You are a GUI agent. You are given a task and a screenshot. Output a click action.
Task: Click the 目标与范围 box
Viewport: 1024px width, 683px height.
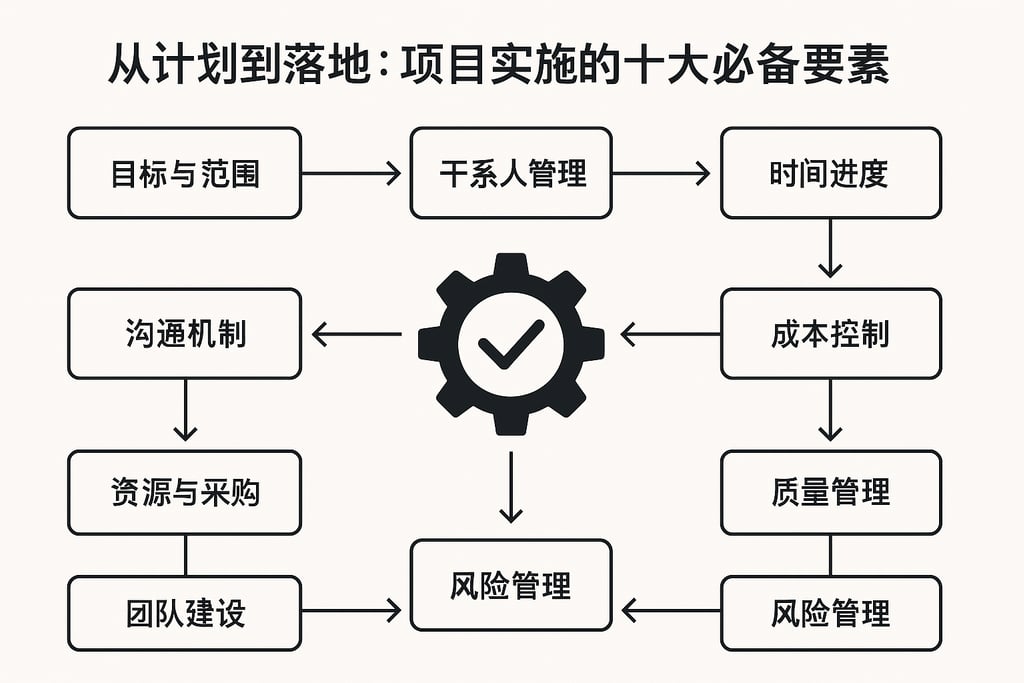coord(184,173)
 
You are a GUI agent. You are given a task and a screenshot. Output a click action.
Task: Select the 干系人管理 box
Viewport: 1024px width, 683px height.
coord(510,173)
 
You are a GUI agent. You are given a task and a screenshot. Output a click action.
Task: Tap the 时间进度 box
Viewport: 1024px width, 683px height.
coord(830,173)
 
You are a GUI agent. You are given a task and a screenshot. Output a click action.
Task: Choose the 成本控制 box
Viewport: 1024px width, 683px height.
coord(830,334)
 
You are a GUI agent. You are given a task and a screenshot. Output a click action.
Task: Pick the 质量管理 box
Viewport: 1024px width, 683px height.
coord(830,492)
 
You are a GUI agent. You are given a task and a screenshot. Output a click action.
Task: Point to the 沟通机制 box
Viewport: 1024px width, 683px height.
coord(184,334)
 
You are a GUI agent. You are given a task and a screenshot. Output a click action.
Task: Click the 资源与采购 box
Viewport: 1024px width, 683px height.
coord(184,492)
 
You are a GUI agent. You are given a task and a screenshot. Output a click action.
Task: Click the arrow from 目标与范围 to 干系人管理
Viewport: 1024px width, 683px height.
coord(350,173)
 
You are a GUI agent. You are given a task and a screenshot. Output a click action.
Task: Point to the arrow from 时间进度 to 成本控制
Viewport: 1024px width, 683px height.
coord(830,250)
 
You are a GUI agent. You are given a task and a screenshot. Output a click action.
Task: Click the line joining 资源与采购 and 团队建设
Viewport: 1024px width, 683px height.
coord(184,555)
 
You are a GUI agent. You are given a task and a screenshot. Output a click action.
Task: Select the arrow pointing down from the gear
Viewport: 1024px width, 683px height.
coord(510,487)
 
